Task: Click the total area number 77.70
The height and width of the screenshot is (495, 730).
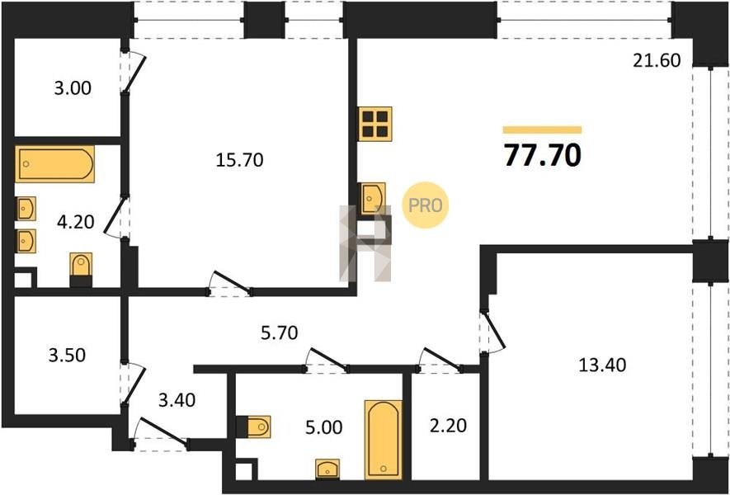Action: click(543, 155)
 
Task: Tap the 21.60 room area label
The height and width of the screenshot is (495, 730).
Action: click(657, 60)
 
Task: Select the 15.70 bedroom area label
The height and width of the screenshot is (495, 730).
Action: click(240, 160)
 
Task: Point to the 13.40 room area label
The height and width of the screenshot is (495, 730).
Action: click(602, 365)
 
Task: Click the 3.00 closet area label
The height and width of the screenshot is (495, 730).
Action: click(73, 88)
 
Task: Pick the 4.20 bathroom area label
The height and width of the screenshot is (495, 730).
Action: click(75, 222)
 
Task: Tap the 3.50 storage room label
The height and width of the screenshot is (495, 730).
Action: click(67, 356)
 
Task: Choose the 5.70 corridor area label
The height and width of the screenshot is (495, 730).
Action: click(279, 333)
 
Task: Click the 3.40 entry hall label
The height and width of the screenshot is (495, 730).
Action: click(177, 399)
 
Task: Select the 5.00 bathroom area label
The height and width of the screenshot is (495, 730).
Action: click(323, 427)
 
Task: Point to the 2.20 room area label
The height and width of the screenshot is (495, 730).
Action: click(447, 425)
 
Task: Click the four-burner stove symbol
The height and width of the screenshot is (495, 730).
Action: click(375, 124)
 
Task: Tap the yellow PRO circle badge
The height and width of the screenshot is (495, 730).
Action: click(426, 205)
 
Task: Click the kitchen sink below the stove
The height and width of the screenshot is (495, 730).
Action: click(374, 198)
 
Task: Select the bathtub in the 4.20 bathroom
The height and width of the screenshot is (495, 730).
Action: click(55, 164)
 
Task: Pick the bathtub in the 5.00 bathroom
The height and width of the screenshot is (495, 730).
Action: click(384, 440)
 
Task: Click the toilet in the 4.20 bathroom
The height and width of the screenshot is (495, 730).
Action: click(81, 270)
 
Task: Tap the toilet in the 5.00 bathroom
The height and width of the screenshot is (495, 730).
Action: click(253, 427)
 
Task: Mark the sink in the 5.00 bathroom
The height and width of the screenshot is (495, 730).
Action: click(327, 469)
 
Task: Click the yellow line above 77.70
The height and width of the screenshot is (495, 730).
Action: click(543, 130)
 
